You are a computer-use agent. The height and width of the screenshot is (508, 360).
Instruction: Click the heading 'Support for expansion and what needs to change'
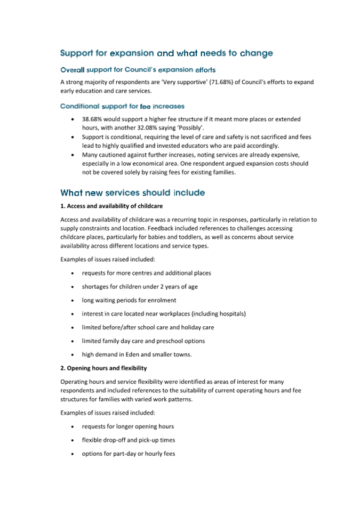click(x=166, y=53)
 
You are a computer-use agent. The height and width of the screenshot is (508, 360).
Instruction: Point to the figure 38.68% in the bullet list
click(x=94, y=119)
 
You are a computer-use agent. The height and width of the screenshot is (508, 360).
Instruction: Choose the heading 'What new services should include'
click(x=132, y=192)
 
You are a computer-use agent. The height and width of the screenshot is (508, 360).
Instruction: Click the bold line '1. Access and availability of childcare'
click(x=111, y=205)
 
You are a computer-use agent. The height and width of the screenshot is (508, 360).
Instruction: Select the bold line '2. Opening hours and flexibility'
click(x=103, y=368)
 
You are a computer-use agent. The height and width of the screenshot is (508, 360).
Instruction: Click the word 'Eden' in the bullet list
click(x=135, y=354)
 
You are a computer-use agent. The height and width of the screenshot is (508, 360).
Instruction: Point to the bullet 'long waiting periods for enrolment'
click(x=129, y=300)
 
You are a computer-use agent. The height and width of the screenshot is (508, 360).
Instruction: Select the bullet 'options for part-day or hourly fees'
click(x=128, y=454)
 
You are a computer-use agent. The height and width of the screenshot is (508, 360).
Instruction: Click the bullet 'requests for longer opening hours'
click(x=127, y=426)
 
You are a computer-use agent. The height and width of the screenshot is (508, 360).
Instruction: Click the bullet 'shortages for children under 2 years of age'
click(x=139, y=286)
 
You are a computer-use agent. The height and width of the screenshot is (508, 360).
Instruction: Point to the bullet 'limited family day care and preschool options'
click(x=143, y=341)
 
